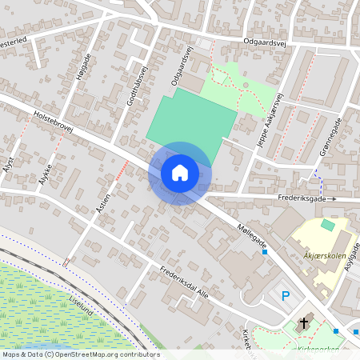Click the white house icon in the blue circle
(180, 172)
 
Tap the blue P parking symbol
(286, 296)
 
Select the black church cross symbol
(303, 324)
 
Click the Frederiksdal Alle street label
(183, 282)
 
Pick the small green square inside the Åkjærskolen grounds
(326, 226)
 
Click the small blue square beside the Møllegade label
(264, 252)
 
